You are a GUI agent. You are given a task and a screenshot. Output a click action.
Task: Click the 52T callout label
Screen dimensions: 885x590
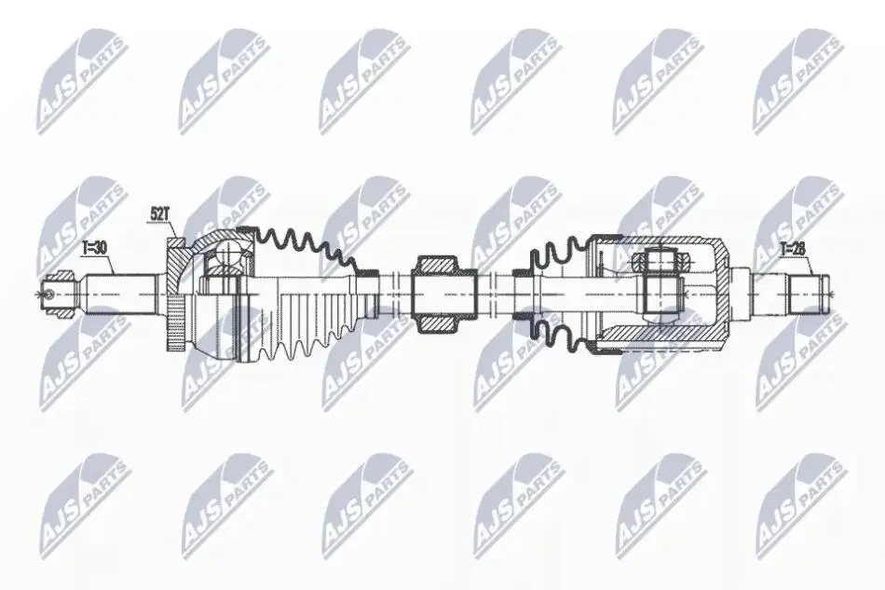click(x=159, y=214)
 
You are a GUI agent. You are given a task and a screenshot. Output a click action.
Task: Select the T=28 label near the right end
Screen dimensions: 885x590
click(x=793, y=248)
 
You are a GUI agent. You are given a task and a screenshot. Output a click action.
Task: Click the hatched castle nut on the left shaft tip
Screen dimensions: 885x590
click(x=61, y=278)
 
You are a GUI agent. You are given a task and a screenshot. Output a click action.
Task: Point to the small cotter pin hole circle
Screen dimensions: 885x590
click(x=49, y=294)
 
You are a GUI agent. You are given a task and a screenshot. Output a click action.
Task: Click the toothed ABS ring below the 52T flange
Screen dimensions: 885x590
click(x=174, y=326)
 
